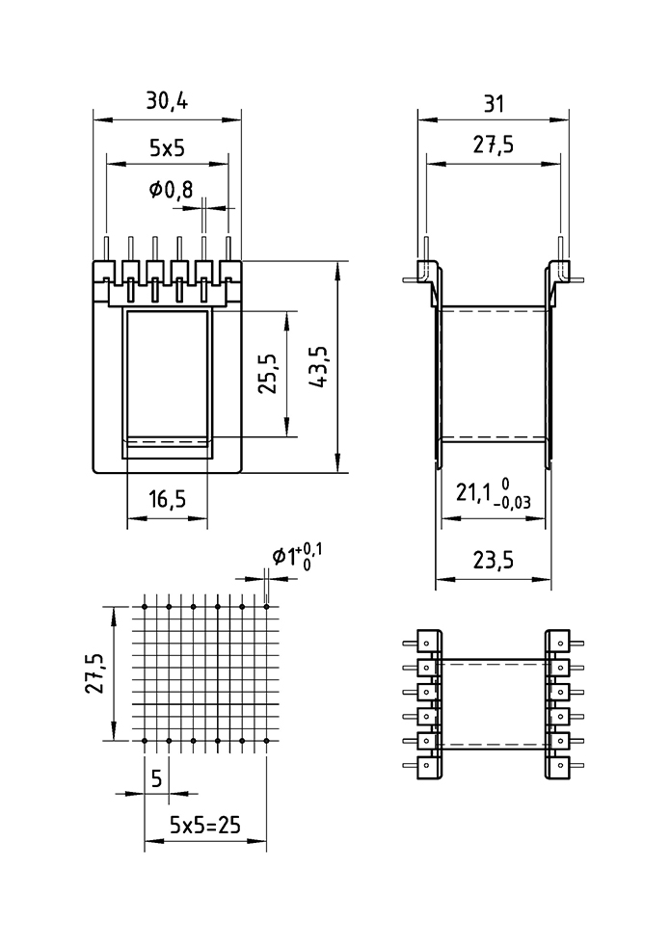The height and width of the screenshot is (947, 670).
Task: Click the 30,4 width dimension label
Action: (167, 101)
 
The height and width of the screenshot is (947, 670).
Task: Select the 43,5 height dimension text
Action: (318, 367)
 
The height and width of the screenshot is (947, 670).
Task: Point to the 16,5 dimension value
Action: (168, 499)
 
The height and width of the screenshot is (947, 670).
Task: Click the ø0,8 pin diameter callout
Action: (172, 190)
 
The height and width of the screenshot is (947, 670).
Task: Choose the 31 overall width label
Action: (494, 104)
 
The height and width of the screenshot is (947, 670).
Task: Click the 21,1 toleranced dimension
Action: (494, 494)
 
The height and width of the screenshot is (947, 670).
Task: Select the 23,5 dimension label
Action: (493, 561)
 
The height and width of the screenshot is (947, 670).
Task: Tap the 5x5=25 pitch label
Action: (204, 824)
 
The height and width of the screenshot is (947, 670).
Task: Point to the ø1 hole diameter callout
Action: (297, 556)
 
